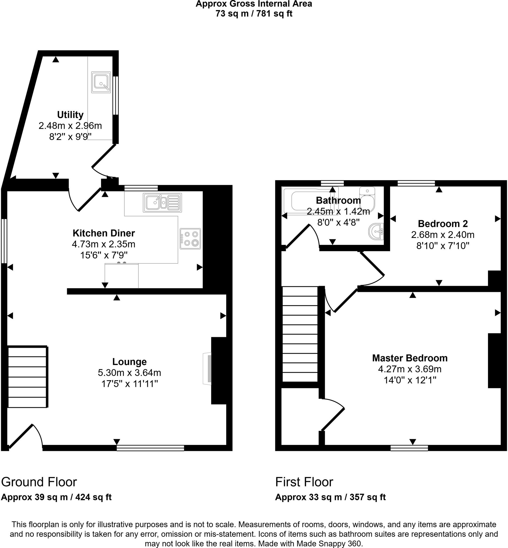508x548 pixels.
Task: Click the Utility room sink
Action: coord(101,82)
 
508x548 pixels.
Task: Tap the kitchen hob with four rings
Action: coord(190,238)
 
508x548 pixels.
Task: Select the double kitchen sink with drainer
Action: coord(162,203)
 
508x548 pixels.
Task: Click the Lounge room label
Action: coord(129,361)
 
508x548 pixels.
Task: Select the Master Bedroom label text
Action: coord(410,358)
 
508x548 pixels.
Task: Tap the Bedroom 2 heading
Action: coord(442,224)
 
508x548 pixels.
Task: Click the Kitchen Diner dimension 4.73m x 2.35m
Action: coord(104,244)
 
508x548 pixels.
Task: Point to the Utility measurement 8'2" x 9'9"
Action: coord(70,136)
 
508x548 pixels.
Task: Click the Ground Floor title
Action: coord(39,482)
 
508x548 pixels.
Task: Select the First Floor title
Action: coord(304,482)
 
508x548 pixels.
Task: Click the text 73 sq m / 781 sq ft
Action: coord(254,13)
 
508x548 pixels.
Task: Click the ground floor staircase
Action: coord(27,377)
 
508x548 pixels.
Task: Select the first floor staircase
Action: coord(300,334)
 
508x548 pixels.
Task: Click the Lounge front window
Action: coord(150,448)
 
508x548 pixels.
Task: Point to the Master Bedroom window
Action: coord(409,448)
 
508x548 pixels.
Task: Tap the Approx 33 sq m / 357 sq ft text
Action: coord(330,497)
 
